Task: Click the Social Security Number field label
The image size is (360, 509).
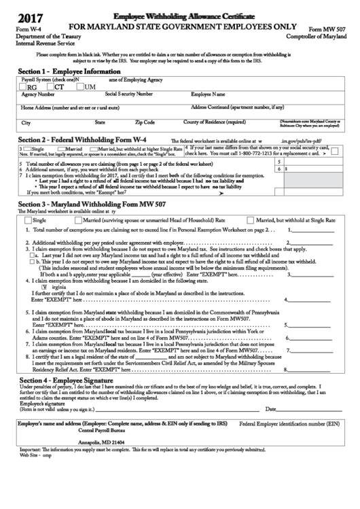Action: tap(128, 94)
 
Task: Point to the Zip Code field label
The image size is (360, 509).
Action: tap(145, 123)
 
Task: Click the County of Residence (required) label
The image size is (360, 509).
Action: tap(215, 123)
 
